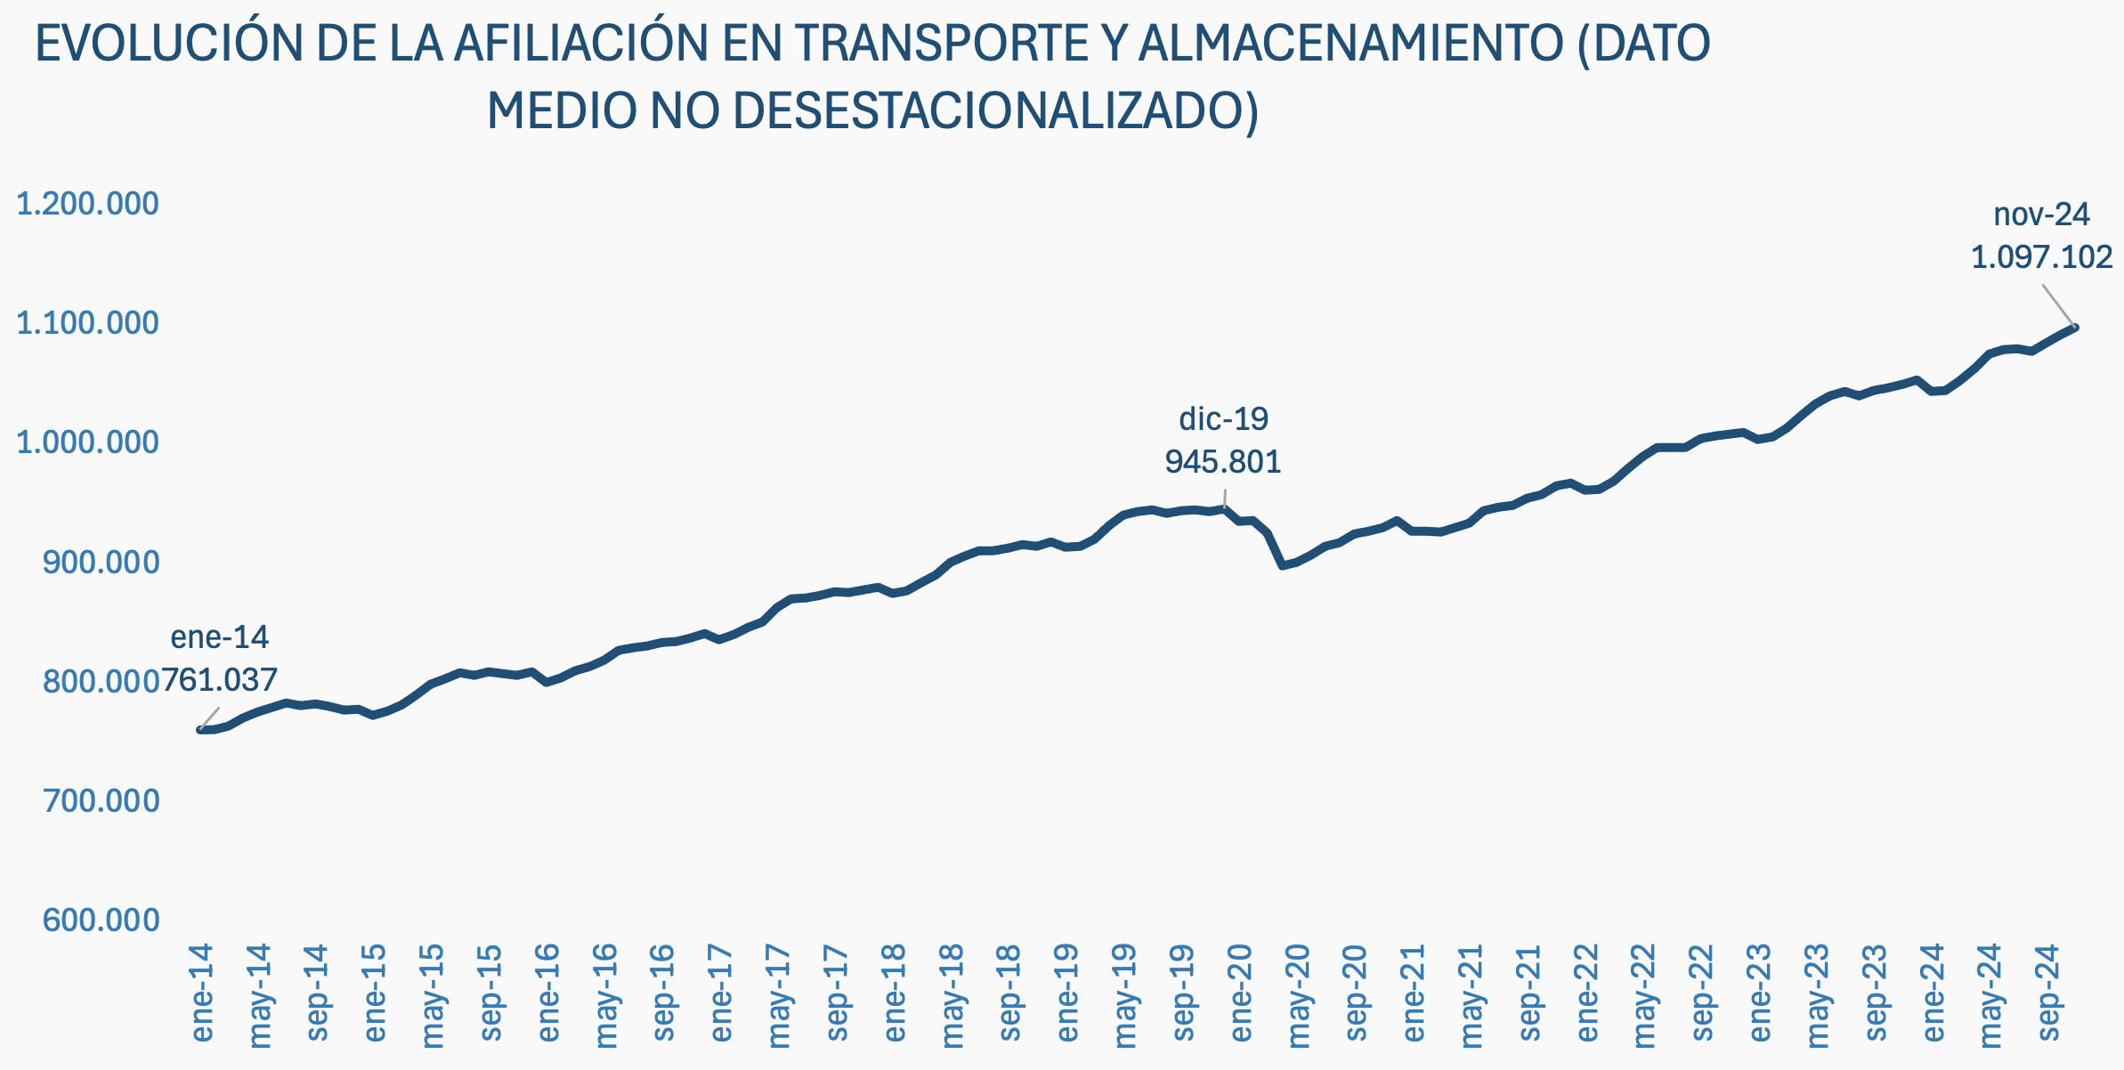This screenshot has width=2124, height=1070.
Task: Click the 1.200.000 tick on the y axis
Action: (87, 204)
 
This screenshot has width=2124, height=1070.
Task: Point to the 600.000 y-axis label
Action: (101, 920)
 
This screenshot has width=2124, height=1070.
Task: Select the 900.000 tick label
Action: (101, 563)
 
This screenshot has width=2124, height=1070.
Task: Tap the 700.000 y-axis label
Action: (101, 801)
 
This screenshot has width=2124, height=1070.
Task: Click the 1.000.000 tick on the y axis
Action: (87, 442)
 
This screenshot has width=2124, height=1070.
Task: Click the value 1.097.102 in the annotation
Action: (2041, 257)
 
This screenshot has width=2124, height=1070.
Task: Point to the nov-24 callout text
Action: (2041, 215)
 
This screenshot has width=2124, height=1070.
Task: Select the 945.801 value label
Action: (1223, 462)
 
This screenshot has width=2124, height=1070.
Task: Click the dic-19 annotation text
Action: (1223, 418)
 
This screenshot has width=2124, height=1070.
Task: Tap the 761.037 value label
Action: (220, 681)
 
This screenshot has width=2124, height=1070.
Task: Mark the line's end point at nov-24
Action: (2075, 328)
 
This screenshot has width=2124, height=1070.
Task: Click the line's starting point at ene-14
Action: (200, 730)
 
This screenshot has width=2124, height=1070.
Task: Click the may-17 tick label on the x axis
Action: (778, 995)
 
